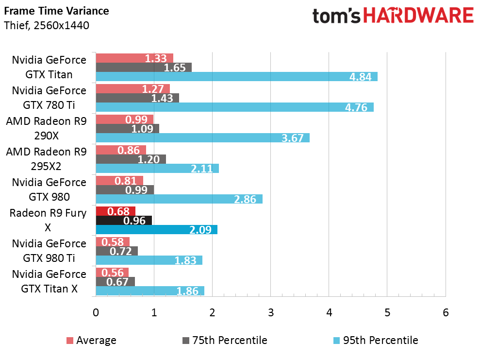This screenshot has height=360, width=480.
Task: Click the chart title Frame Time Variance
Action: pos(56,11)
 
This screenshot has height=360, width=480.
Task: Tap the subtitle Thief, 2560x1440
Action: pos(46,25)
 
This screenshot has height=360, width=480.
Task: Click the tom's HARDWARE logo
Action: pos(393,16)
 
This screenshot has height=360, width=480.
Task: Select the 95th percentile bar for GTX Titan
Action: pos(236,77)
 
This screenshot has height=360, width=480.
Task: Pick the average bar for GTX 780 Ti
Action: pos(132,88)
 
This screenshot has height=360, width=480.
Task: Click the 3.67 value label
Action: pos(292,138)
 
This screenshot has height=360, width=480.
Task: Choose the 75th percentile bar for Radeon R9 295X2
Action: pos(131,159)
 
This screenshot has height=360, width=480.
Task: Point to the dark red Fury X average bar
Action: pos(116,211)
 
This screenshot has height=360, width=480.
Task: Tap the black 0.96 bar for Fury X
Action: pos(124,220)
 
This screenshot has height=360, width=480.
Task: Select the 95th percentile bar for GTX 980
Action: pos(179,199)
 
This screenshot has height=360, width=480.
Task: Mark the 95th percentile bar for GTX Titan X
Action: pos(149,291)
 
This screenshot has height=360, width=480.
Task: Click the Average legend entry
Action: pos(91,340)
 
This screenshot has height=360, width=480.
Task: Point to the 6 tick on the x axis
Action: pos(446,312)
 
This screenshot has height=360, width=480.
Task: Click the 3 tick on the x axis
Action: pos(271,312)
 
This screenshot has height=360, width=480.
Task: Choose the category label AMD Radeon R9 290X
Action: pos(46,128)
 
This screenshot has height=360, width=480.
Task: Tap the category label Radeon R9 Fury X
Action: pos(48,220)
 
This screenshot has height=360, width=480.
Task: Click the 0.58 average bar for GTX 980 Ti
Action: pos(113,241)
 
